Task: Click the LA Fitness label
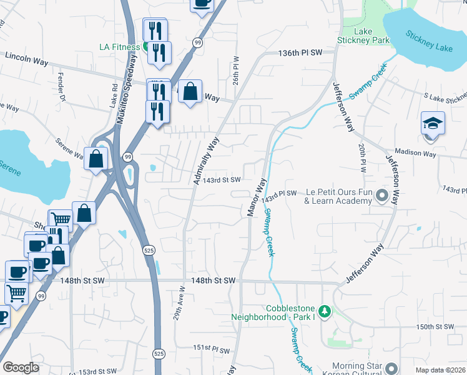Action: click(x=120, y=46)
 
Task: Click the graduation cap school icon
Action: click(x=433, y=122)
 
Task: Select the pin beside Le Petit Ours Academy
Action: click(x=382, y=197)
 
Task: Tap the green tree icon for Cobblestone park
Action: click(x=324, y=311)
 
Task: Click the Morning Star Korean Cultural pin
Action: click(x=391, y=367)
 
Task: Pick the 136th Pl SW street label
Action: click(x=302, y=53)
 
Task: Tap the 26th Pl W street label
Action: click(x=237, y=72)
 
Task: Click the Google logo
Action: click(x=21, y=367)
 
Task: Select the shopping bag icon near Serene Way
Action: click(x=97, y=159)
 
